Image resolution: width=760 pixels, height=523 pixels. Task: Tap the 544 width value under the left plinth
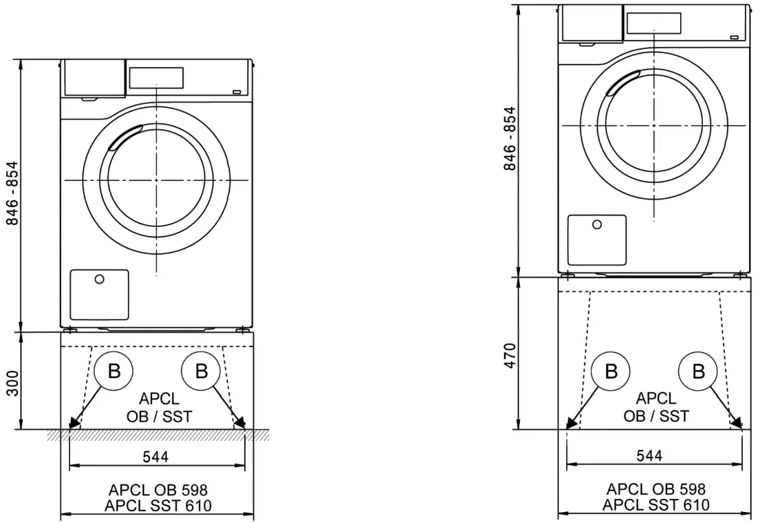pos(156,456)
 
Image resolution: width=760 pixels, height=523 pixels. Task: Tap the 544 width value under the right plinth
pos(649,456)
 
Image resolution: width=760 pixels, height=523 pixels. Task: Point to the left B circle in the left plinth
pos(113,372)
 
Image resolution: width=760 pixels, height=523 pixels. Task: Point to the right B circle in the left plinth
pos(201,372)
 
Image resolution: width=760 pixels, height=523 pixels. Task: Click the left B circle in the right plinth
pos(611,372)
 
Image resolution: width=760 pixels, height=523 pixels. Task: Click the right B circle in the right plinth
pos(698,372)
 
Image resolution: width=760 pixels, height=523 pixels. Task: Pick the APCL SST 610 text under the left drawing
pos(158,506)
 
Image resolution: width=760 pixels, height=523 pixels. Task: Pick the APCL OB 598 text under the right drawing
pos(655,489)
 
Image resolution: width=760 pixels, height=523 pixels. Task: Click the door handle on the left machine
pos(124,136)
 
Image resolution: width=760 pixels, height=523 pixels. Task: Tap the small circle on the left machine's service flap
pos(100,279)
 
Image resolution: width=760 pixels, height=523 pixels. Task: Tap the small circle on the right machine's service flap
pos(597,224)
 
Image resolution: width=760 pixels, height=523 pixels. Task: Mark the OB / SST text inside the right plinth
pos(655,416)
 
